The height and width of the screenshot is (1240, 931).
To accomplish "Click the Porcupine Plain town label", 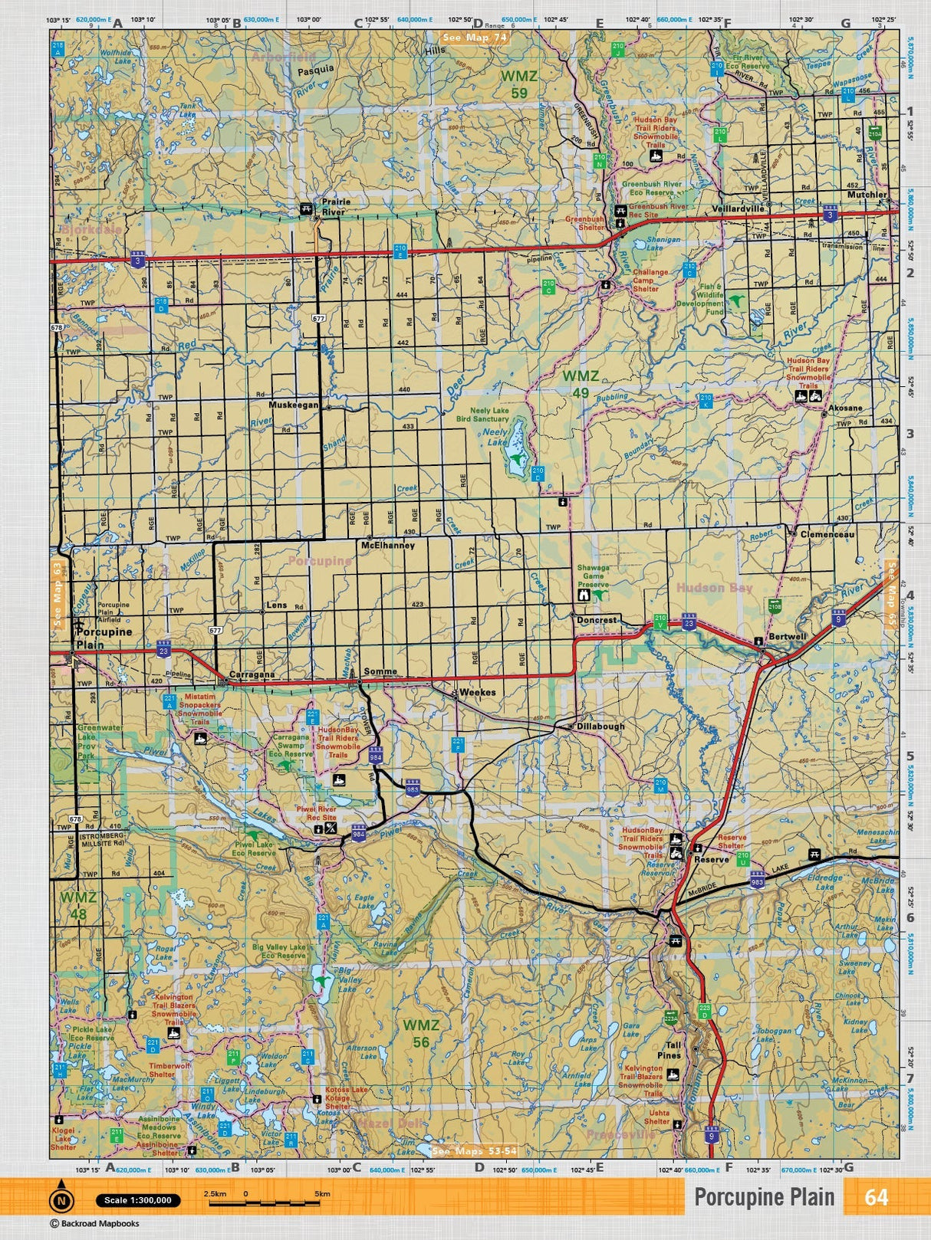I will coord(104,638).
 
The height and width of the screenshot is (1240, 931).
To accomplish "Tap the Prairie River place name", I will coord(335,207).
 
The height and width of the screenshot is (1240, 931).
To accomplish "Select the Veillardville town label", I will coord(737,208).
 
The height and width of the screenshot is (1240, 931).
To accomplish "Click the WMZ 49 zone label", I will coord(581,384).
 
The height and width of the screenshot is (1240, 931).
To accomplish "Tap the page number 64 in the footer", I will coord(876,1196).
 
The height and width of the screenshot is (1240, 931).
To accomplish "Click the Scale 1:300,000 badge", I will coord(138,1200).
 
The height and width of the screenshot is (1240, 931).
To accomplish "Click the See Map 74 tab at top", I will coord(475,37).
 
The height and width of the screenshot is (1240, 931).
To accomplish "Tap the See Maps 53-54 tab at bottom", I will coord(474,1151).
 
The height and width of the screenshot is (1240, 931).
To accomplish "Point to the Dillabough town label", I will coord(600,726).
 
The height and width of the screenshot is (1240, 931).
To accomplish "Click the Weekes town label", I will coord(477,692).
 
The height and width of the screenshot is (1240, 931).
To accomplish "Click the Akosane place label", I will coord(846,408).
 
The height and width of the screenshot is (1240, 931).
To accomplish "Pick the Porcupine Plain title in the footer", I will coord(764,1197).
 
